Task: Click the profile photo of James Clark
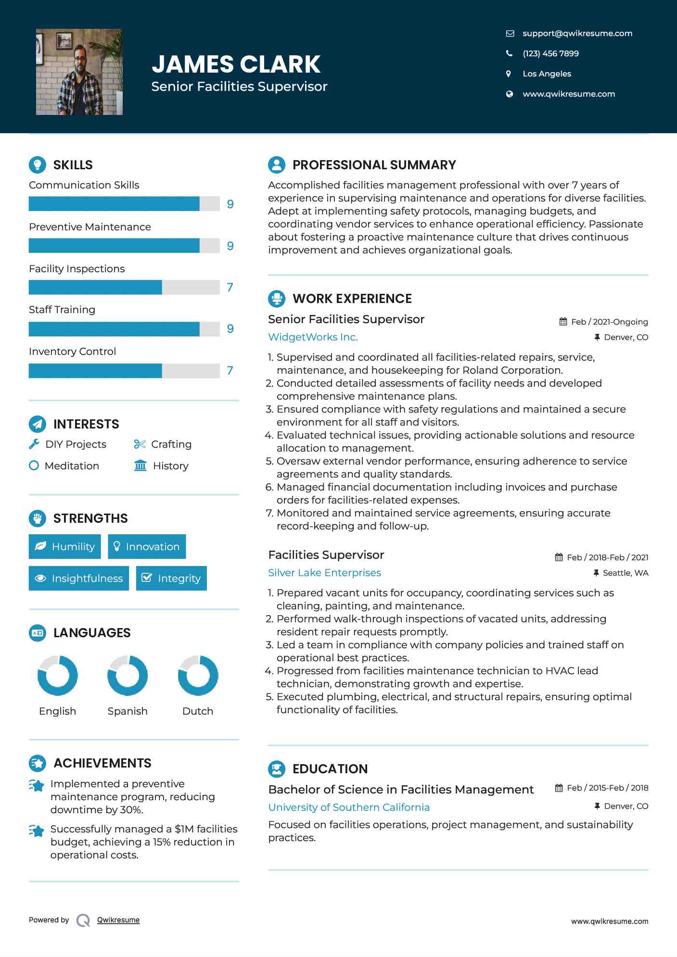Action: pyautogui.click(x=79, y=72)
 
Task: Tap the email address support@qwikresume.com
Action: pyautogui.click(x=577, y=33)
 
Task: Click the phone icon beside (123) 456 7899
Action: pyautogui.click(x=509, y=53)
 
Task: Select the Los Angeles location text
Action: pyautogui.click(x=547, y=74)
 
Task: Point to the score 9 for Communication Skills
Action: pyautogui.click(x=230, y=204)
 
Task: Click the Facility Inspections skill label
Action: pyautogui.click(x=77, y=269)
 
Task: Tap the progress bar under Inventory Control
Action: pyautogui.click(x=124, y=371)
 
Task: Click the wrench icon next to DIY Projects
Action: pyautogui.click(x=34, y=444)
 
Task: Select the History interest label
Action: pyautogui.click(x=170, y=466)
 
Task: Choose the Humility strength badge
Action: pyautogui.click(x=65, y=547)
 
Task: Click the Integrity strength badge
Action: pyautogui.click(x=171, y=579)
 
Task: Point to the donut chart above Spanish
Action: pyautogui.click(x=128, y=675)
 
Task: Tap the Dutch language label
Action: pyautogui.click(x=197, y=711)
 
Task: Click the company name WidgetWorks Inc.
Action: pyautogui.click(x=313, y=337)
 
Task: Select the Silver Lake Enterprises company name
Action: pyautogui.click(x=324, y=573)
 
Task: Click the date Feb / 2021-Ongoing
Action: pyautogui.click(x=609, y=322)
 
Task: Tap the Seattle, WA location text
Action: pyautogui.click(x=625, y=573)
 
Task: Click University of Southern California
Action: pyautogui.click(x=349, y=807)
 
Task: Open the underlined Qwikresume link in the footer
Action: pyautogui.click(x=118, y=920)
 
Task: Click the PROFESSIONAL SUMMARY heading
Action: pyautogui.click(x=374, y=165)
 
